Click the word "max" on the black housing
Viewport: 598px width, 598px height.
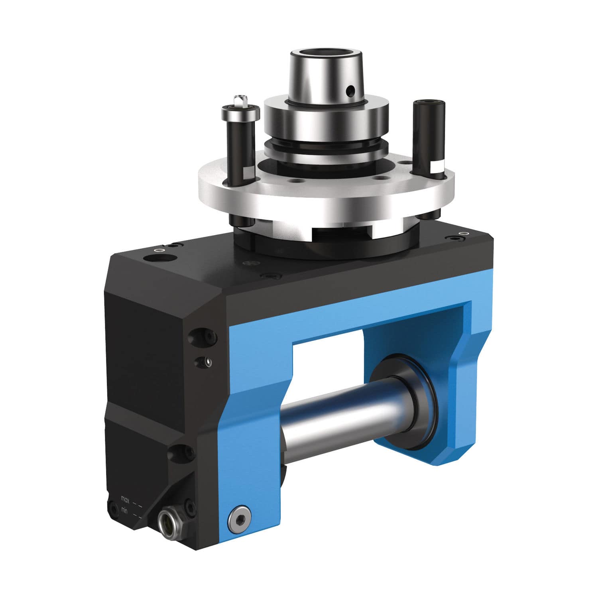(x=126, y=499)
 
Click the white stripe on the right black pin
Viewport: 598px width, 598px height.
(x=438, y=167)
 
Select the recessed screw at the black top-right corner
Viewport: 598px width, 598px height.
(x=456, y=238)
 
